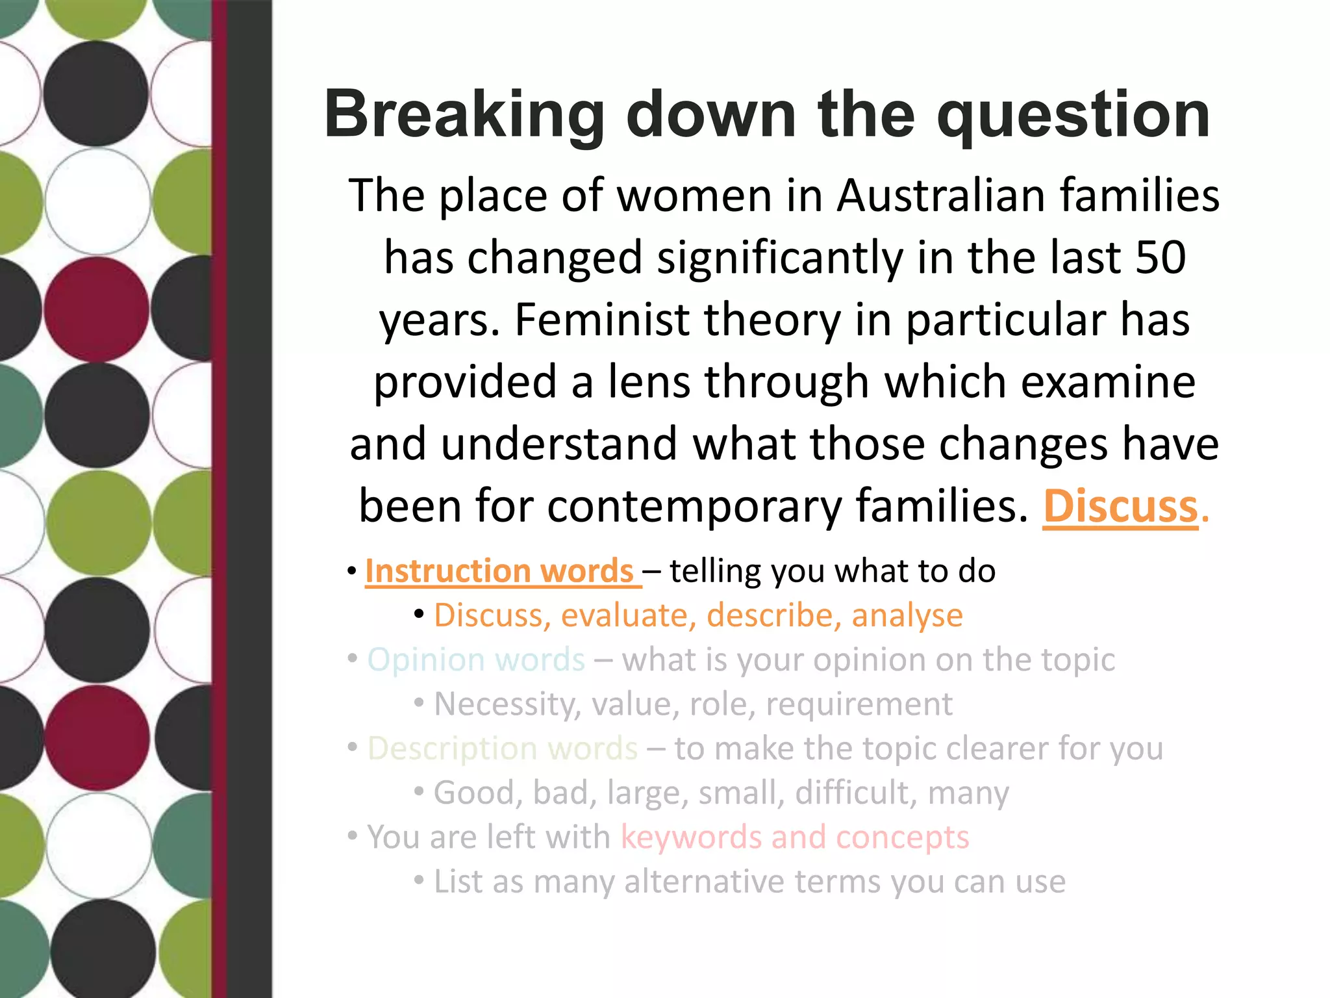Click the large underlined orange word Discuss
[1120, 505]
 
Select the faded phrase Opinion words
[476, 659]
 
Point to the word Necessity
[507, 704]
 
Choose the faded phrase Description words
[503, 748]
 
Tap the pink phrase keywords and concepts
[794, 837]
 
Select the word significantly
[779, 257]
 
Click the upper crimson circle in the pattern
[96, 309]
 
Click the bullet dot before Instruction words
[351, 572]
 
